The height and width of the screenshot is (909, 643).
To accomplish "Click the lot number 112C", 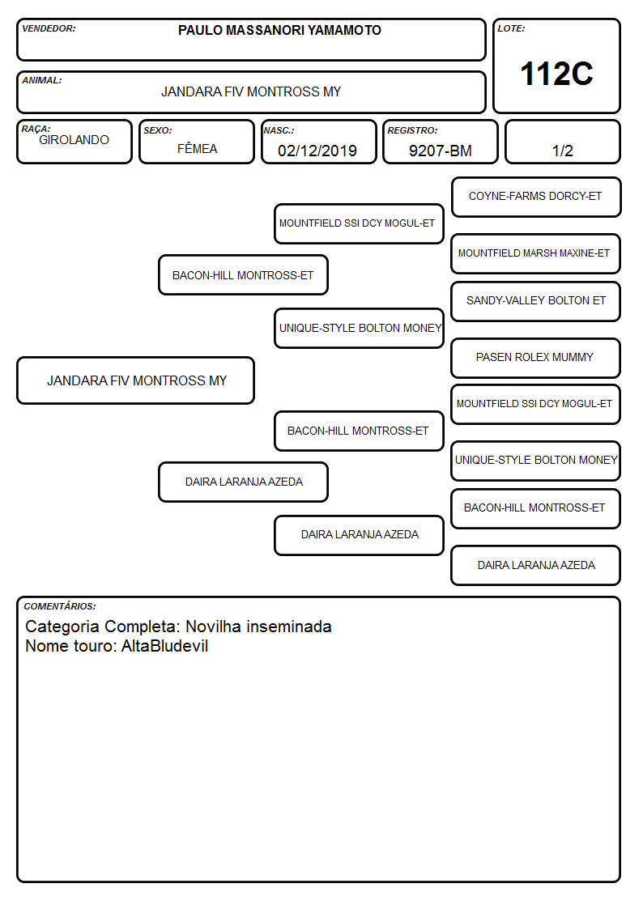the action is pos(556,74).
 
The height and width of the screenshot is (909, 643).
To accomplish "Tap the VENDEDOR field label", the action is pos(49,28).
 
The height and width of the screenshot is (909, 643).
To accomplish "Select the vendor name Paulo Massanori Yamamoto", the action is pos(279,30).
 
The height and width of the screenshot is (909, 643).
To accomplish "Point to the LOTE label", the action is pos(511,28).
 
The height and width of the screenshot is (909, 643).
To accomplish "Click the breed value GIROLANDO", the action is pos(74,140).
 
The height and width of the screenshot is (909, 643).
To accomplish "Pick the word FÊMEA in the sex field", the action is pos(197,148).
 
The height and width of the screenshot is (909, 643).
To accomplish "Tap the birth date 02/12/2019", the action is pos(317,151).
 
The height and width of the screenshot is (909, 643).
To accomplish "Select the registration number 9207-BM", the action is pos(440,151).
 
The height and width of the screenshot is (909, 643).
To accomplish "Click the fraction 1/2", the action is pos(562,151).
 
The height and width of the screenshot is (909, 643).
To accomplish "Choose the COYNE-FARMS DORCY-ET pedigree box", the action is pos(536,198).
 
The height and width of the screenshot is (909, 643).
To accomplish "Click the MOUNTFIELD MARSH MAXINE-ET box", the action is pos(535,253).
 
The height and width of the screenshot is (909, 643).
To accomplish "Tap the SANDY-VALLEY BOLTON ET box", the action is pos(535,301).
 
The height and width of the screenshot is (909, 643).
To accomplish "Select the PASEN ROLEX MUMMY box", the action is pos(535,358).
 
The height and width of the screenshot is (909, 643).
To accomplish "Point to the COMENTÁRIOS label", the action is pos(60,606).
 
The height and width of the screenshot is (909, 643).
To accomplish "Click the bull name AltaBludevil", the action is pos(164,646).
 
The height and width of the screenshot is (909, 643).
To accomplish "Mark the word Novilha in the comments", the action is pos(213,627).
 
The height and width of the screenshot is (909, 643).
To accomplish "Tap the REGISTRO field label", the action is pos(412,130).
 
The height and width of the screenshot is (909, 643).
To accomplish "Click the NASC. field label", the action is pos(279,130).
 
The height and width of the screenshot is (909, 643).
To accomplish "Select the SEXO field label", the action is pos(158,130).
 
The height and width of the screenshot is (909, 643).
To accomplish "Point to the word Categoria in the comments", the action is pos(62,627).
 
